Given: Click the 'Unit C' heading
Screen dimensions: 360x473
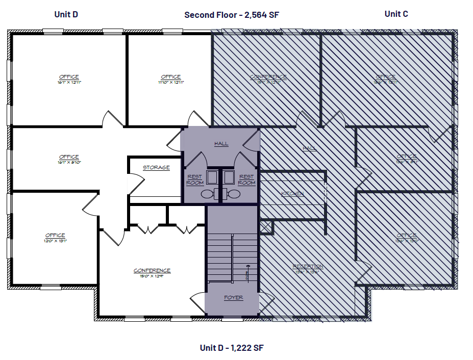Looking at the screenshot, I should click(396, 14).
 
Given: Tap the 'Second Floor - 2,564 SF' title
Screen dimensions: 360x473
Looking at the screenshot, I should click(232, 15).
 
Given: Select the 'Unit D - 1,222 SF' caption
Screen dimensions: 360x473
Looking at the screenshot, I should click(232, 348).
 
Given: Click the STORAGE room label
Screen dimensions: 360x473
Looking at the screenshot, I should click(156, 167).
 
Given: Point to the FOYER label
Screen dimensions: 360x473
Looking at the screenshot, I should click(233, 297).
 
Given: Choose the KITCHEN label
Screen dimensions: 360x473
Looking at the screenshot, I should click(293, 194).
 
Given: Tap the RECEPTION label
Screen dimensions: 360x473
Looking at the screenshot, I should click(308, 266).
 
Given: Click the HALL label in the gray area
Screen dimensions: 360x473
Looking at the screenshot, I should click(221, 144).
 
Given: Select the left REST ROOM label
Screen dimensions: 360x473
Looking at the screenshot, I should click(195, 179).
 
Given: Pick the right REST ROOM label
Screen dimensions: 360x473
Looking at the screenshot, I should click(247, 179).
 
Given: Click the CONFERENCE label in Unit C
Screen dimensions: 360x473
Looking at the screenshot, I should click(268, 77).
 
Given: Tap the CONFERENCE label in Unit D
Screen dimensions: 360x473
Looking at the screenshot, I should click(152, 270).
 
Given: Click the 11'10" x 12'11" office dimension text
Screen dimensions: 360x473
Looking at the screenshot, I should click(170, 82).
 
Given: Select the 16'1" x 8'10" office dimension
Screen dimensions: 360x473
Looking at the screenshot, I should click(69, 162).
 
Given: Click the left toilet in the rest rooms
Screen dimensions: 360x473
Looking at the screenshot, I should click(207, 194).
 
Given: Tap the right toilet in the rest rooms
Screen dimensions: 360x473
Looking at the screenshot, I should click(234, 194).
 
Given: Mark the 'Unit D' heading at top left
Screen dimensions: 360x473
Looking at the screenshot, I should click(66, 14).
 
